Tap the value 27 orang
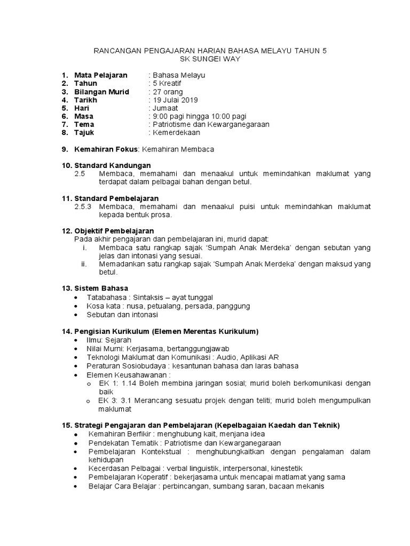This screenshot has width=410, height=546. [169, 92]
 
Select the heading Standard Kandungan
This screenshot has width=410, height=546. [113, 165]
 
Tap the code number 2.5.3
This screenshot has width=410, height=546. [83, 206]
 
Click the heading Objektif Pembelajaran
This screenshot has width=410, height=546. [114, 230]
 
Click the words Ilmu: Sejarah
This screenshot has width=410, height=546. [109, 340]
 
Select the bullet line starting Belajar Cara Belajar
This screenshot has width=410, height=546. [206, 486]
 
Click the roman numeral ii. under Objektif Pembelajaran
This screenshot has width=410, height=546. [84, 264]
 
